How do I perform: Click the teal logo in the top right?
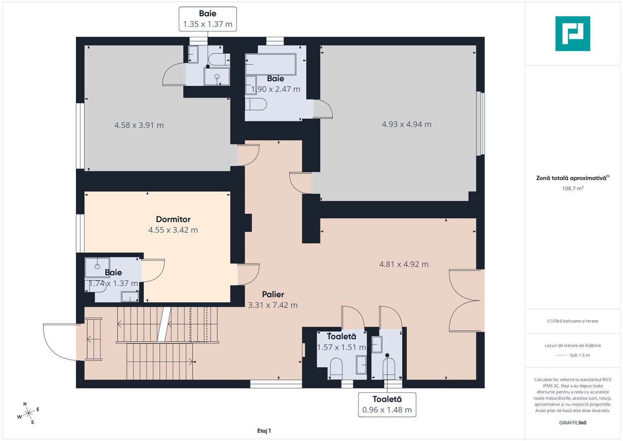tap(573, 33)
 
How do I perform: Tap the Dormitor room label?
tap(173, 219)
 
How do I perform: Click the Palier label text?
tap(273, 294)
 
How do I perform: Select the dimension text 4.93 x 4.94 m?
tap(406, 124)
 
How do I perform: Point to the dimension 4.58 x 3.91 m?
tap(139, 125)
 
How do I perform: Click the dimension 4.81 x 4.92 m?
tap(404, 264)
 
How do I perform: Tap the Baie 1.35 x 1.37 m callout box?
tap(208, 19)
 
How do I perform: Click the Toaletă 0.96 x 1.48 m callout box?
tap(387, 405)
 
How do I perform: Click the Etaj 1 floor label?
tap(264, 431)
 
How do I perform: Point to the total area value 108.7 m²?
tap(573, 188)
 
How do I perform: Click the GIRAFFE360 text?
tap(573, 423)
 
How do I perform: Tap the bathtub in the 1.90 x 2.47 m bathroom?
tap(270, 65)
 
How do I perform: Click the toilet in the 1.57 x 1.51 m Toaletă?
tap(336, 368)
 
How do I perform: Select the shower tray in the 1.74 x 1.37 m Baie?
tap(98, 267)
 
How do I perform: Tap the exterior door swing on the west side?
tap(62, 342)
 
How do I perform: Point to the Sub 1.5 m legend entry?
tap(573, 355)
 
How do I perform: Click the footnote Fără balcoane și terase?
tap(573, 321)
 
